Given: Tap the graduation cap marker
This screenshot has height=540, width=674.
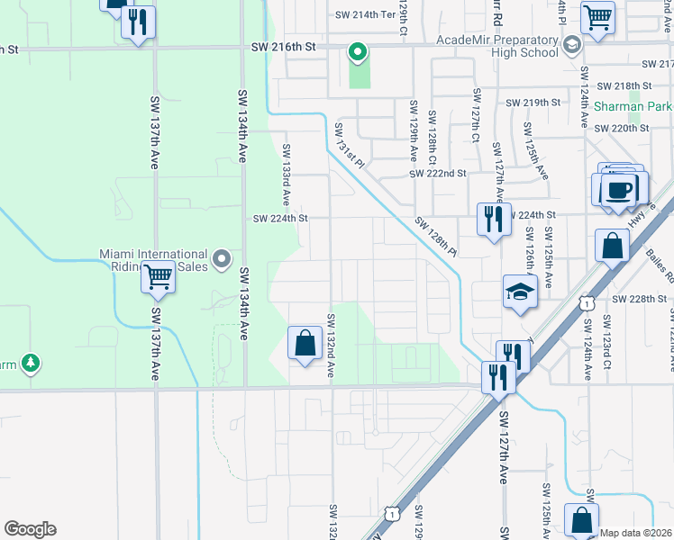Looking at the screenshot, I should pyautogui.click(x=520, y=293).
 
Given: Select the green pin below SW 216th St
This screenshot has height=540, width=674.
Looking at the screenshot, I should pyautogui.click(x=358, y=54).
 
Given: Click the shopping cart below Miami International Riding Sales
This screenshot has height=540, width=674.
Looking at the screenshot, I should pyautogui.click(x=159, y=278).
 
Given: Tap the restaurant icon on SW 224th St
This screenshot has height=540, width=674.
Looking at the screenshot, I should pyautogui.click(x=492, y=220).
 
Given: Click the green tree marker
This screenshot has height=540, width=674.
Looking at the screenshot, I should pyautogui.click(x=32, y=363).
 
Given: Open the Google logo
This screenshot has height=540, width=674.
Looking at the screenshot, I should pyautogui.click(x=30, y=529).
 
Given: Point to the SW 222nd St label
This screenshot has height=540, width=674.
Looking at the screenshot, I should pyautogui.click(x=437, y=173).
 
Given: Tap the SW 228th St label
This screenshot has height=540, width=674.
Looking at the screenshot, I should pyautogui.click(x=643, y=299).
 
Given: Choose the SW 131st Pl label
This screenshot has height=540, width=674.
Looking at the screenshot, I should pyautogui.click(x=350, y=146).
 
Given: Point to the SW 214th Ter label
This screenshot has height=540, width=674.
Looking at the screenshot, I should pyautogui.click(x=365, y=15).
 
